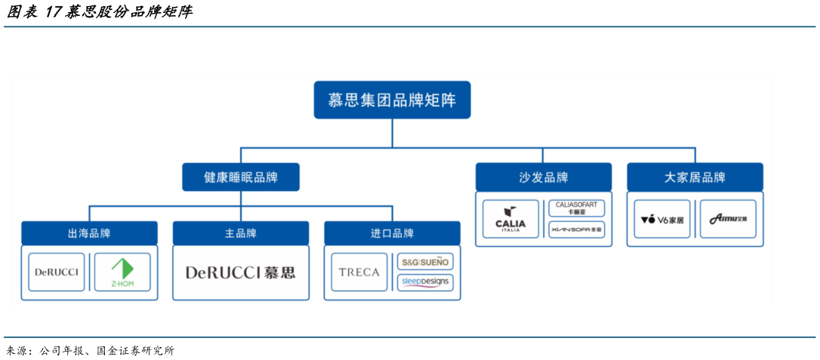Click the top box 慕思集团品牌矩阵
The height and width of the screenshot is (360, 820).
(x=392, y=100)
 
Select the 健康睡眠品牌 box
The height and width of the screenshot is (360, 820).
(x=241, y=177)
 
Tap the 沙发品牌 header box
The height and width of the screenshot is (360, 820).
(x=544, y=177)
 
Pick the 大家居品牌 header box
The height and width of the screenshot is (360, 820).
(x=695, y=177)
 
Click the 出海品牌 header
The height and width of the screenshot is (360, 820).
(x=89, y=233)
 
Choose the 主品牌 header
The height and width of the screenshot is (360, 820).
(x=241, y=233)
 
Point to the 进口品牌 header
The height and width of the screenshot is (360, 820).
(x=392, y=233)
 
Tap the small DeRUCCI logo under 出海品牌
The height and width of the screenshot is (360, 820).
(x=57, y=272)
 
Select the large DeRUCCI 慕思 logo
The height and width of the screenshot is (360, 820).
(x=241, y=272)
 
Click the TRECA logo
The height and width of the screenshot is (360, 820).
(x=359, y=272)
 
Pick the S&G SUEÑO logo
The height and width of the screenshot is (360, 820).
(x=425, y=262)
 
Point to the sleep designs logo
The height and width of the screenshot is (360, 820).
(x=425, y=282)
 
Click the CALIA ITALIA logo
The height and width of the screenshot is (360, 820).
(x=511, y=219)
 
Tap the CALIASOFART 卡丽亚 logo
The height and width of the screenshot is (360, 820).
(x=576, y=208)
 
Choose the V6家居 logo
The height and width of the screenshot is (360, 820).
(x=662, y=220)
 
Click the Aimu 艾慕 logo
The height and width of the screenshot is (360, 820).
(x=728, y=220)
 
